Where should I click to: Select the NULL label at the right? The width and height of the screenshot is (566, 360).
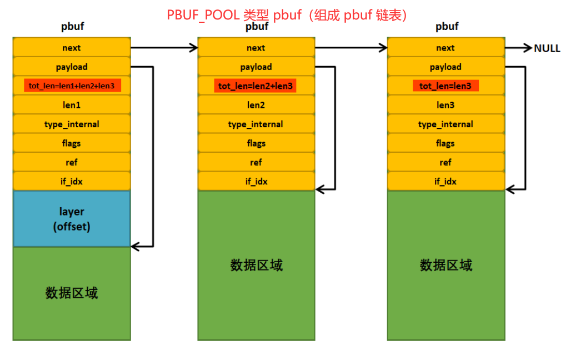pyautogui.click(x=547, y=48)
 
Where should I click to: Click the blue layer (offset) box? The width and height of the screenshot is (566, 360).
pyautogui.click(x=72, y=219)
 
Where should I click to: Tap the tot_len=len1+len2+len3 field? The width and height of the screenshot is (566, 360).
pyautogui.click(x=72, y=86)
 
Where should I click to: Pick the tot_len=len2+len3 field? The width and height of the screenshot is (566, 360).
pyautogui.click(x=256, y=86)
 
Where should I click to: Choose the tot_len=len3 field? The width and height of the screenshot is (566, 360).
pyautogui.click(x=445, y=86)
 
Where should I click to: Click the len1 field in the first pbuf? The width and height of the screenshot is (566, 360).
pyautogui.click(x=72, y=105)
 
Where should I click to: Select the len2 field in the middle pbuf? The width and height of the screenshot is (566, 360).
pyautogui.click(x=256, y=105)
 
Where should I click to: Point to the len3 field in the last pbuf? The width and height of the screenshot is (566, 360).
pyautogui.click(x=445, y=105)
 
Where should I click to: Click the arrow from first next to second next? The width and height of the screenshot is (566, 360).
pyautogui.click(x=164, y=48)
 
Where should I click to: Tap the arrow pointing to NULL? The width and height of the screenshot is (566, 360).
pyautogui.click(x=519, y=48)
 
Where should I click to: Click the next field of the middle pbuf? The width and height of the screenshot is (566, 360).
pyautogui.click(x=256, y=48)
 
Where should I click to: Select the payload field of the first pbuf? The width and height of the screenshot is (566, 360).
pyautogui.click(x=72, y=67)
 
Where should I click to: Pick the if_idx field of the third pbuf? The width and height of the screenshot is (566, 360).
pyautogui.click(x=445, y=181)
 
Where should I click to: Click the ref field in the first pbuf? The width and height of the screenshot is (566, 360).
pyautogui.click(x=72, y=162)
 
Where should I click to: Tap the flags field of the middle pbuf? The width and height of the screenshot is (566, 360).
pyautogui.click(x=256, y=143)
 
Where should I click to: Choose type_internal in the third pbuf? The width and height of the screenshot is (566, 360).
pyautogui.click(x=445, y=124)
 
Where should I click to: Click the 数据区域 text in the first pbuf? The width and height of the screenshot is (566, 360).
pyautogui.click(x=72, y=293)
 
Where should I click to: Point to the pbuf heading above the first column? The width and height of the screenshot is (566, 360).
pyautogui.click(x=72, y=26)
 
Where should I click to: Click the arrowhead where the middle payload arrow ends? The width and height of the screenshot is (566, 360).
pyautogui.click(x=319, y=189)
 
